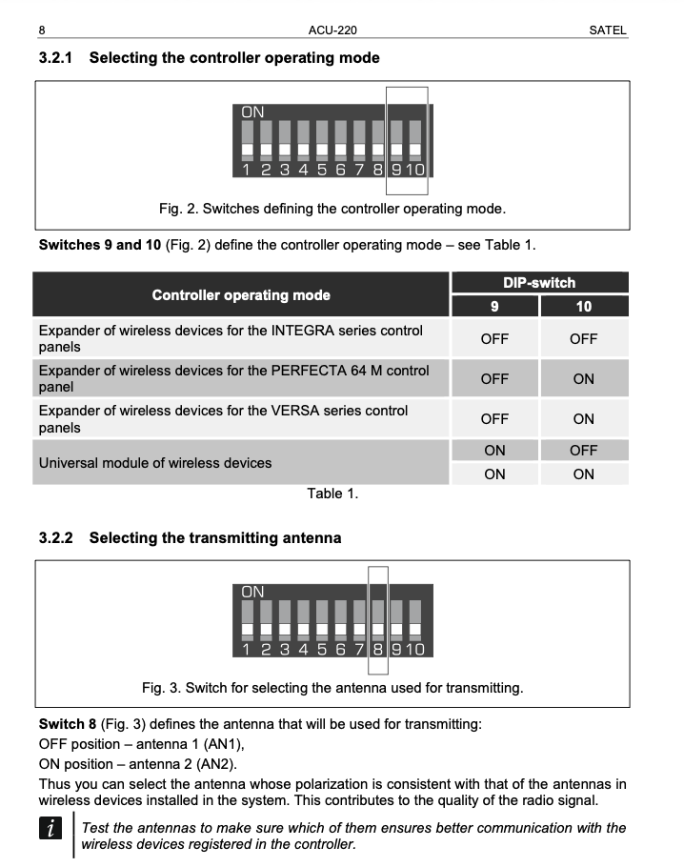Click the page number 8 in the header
(43, 30)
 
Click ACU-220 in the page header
(333, 30)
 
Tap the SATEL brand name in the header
(608, 30)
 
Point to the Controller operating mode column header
(241, 295)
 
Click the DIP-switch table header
(538, 282)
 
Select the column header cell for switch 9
(493, 307)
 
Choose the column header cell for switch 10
(583, 307)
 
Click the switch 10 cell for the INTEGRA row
(583, 338)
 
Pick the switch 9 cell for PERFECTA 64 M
(493, 378)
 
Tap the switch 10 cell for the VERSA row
(583, 418)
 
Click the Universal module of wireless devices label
(154, 463)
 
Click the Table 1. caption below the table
(332, 494)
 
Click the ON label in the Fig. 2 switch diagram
(252, 111)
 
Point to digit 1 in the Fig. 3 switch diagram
(246, 650)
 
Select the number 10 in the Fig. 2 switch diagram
(415, 170)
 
